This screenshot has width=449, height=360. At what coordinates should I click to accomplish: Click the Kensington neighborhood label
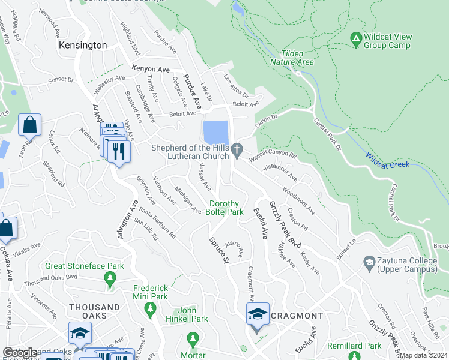82,45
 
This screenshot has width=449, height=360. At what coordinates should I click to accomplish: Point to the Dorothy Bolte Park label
225,208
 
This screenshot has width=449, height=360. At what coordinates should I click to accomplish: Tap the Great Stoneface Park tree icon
110,278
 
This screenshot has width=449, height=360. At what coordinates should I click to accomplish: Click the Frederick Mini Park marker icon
150,309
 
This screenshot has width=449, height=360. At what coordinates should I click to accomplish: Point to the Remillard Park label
358,346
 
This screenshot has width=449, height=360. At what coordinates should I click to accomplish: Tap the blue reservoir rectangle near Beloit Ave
215,131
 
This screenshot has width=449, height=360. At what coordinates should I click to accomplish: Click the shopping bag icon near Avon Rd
29,126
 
